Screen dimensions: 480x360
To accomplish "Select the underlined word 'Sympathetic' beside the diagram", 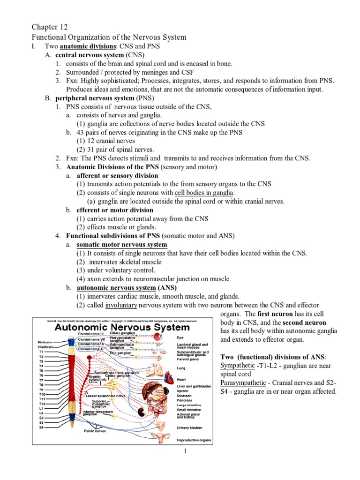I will click(238, 365).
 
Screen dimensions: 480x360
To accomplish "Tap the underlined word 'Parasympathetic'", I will click(244, 382).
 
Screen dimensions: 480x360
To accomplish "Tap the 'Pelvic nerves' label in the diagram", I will click(95, 430).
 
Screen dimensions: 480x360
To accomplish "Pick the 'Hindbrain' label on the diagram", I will click(45, 346).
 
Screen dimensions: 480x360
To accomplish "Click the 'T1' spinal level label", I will click(41, 351).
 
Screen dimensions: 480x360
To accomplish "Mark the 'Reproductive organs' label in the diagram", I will click(194, 440).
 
